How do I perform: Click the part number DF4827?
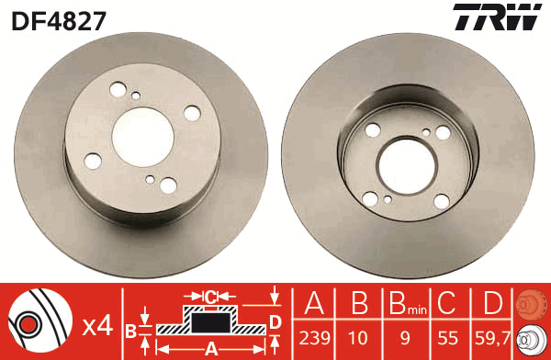[x=59, y=21]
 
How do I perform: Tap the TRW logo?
[x=497, y=17]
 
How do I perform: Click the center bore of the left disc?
[x=143, y=137]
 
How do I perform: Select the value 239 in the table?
[x=314, y=338]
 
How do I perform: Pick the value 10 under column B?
[x=358, y=338]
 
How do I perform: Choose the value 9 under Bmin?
[x=405, y=338]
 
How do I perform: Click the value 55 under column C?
[x=448, y=338]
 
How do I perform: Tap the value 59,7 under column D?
[x=492, y=338]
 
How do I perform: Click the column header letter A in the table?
[x=314, y=302]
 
